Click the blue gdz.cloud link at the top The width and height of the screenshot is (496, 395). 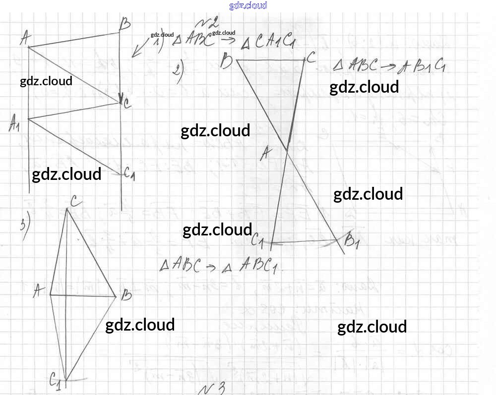point(248,5)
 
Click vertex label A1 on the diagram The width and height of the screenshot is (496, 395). point(14,123)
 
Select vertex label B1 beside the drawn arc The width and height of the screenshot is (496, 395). point(352,242)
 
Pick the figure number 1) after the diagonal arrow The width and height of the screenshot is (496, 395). point(159,44)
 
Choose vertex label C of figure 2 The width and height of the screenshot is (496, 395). point(311,57)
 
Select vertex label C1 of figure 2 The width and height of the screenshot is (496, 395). point(257,242)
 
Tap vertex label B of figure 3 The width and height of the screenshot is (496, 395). point(126,296)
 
